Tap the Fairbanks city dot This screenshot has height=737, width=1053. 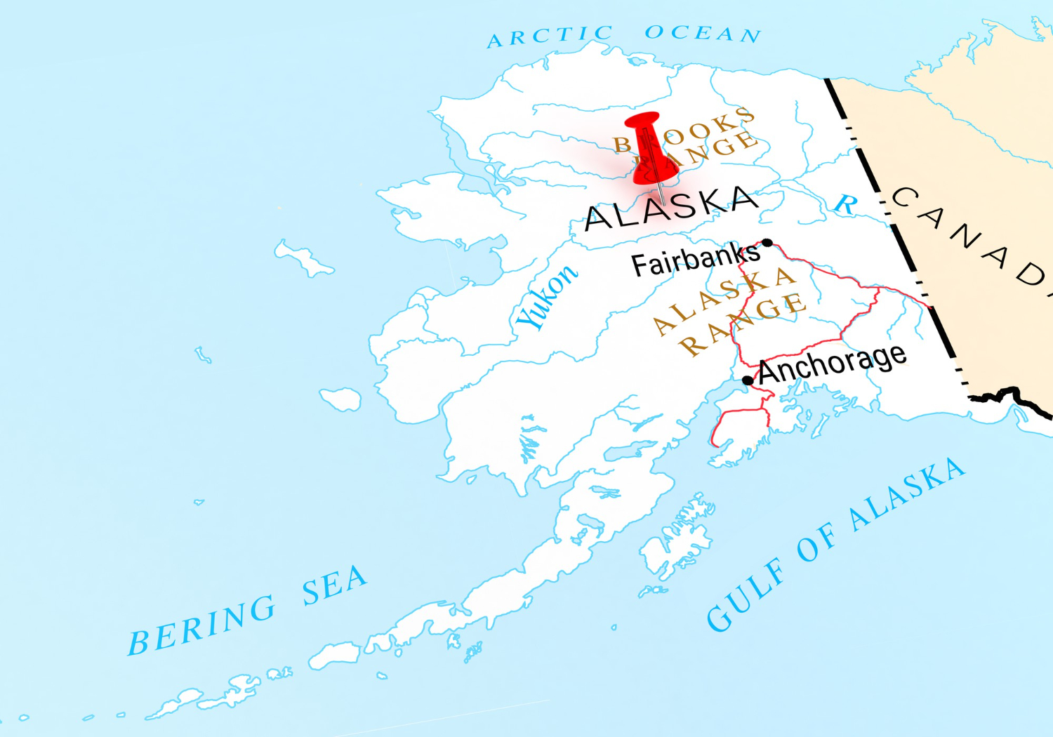(767, 243)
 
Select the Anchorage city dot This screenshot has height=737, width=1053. (748, 380)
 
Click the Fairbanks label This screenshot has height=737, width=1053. (695, 260)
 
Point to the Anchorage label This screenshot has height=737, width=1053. (833, 364)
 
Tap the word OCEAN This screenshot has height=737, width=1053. (703, 33)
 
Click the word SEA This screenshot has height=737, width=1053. (334, 585)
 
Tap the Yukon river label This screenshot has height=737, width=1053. (547, 298)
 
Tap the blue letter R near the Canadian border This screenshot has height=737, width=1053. (845, 204)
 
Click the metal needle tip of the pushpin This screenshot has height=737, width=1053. (663, 204)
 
